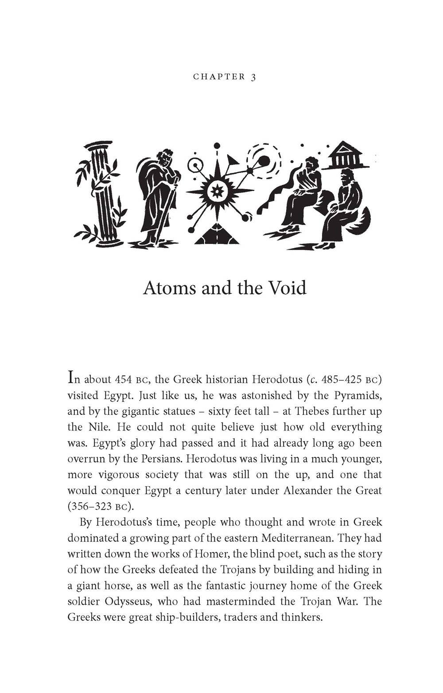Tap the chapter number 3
pyautogui.click(x=253, y=77)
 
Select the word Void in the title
pyautogui.click(x=288, y=288)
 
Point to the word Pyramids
pyautogui.click(x=358, y=395)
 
